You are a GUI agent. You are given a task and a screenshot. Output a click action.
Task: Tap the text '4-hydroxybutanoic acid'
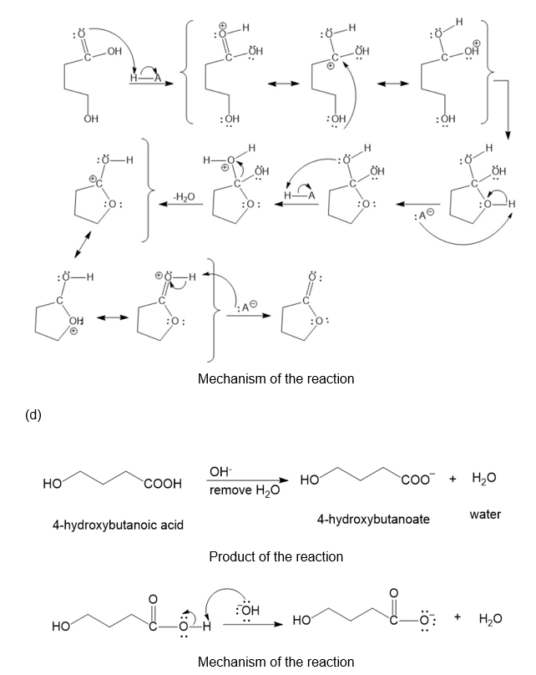(x=117, y=525)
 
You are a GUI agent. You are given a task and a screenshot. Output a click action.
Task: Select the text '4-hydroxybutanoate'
(x=373, y=519)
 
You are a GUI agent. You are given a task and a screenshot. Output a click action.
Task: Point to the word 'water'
(x=485, y=514)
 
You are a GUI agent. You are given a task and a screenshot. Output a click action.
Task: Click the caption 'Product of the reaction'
(x=276, y=556)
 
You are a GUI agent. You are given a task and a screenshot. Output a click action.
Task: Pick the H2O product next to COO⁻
(x=484, y=479)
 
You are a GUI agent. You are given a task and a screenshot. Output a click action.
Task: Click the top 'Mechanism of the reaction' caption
(x=276, y=378)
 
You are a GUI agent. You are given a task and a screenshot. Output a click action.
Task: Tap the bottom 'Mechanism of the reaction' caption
(x=276, y=662)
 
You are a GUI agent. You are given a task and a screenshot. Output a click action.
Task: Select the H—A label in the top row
(x=144, y=78)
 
